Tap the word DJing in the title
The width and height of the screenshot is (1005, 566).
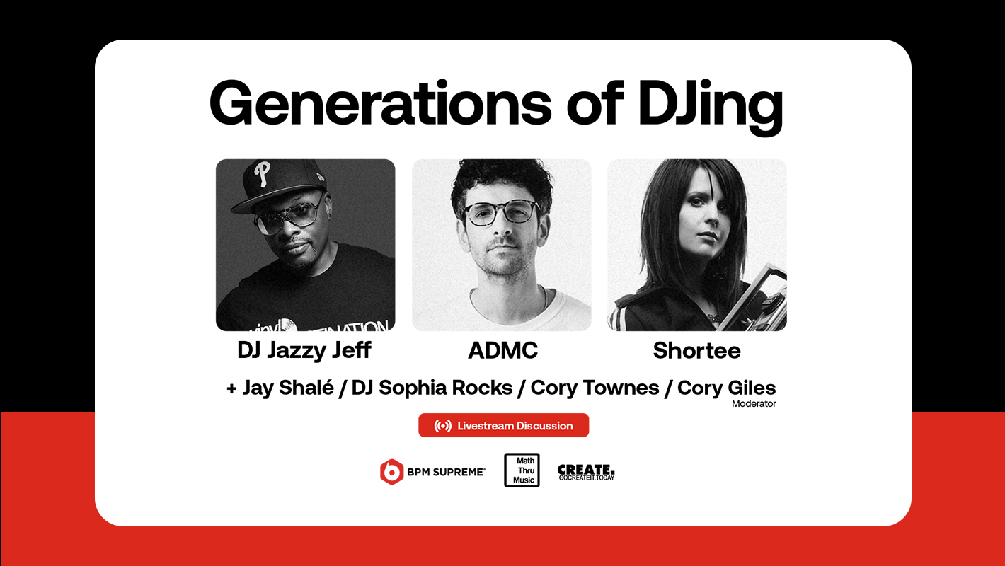[x=711, y=108]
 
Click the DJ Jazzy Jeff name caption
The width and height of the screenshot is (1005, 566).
[x=304, y=351]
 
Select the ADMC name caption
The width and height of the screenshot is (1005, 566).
[x=502, y=351]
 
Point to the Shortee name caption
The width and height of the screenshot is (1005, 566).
[x=696, y=351]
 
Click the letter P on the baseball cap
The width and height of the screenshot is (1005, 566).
[x=262, y=174]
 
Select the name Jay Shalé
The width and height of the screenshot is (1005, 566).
[x=288, y=388]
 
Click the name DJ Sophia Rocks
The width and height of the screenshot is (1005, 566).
[x=432, y=388]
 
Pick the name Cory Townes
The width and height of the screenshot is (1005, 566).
[x=595, y=388]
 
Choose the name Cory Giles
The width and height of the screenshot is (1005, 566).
[x=726, y=388]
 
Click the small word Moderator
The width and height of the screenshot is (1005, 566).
[x=754, y=404]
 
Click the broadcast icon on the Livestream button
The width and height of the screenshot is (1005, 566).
[x=443, y=426]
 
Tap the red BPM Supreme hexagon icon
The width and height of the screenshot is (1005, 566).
[x=391, y=472]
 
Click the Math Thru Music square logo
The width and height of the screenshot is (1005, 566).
[x=522, y=470]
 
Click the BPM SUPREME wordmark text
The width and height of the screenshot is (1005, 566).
[x=446, y=473]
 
